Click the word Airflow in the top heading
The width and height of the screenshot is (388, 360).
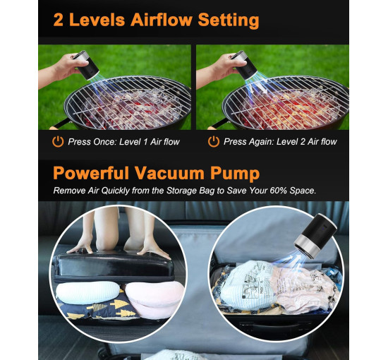pyautogui.click(x=162, y=20)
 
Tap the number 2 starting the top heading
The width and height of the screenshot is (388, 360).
pyautogui.click(x=58, y=20)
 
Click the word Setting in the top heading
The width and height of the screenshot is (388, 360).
pyautogui.click(x=229, y=20)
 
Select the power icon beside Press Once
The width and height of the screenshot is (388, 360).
pyautogui.click(x=58, y=141)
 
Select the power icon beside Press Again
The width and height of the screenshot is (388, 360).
pyautogui.click(x=214, y=141)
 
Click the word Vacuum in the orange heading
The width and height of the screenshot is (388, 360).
pyautogui.click(x=169, y=173)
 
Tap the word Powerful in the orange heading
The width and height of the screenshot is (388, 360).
pyautogui.click(x=91, y=173)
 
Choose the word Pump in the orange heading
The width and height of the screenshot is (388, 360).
pyautogui.click(x=235, y=174)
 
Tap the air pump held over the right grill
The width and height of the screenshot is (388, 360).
pyautogui.click(x=244, y=65)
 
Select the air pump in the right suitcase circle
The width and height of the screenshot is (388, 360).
pyautogui.click(x=315, y=236)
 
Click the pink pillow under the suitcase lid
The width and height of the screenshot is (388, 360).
pyautogui.click(x=154, y=298)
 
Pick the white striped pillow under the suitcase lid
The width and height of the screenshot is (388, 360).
pyautogui.click(x=87, y=292)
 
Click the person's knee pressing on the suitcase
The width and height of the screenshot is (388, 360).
pyautogui.click(x=107, y=238)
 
